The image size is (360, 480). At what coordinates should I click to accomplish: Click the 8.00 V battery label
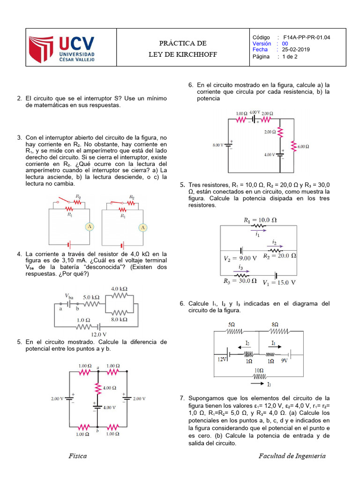click(x=218, y=145)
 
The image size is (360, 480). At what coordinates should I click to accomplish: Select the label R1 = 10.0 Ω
click(x=260, y=219)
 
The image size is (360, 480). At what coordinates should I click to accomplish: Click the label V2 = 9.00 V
click(x=240, y=258)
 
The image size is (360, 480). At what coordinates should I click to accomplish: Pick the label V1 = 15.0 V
click(x=279, y=282)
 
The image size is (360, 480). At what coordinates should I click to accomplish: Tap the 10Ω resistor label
click(x=259, y=370)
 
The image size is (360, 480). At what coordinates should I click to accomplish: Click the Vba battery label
click(x=68, y=296)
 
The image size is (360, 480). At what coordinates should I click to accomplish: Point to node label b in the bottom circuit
click(x=97, y=430)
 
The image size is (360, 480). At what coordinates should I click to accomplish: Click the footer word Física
click(x=77, y=456)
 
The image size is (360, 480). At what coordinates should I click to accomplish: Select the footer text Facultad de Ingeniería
click(x=292, y=456)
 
